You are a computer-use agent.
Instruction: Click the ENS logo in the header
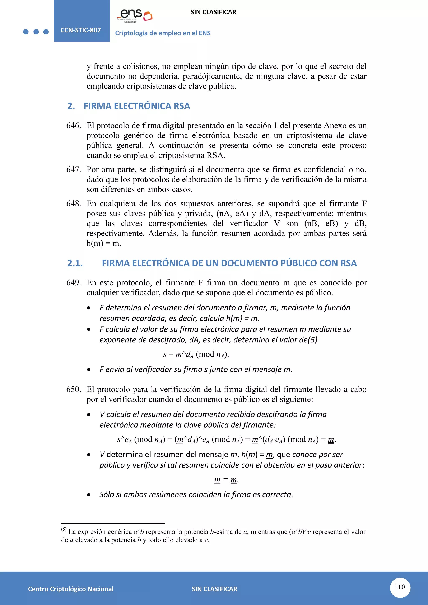(x=135, y=15)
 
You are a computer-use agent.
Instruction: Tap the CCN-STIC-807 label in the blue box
(x=81, y=30)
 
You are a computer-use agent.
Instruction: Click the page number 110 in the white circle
(x=400, y=587)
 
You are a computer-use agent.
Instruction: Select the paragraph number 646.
(x=74, y=125)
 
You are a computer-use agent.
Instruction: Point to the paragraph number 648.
(x=74, y=203)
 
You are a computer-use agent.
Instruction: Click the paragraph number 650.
(x=74, y=389)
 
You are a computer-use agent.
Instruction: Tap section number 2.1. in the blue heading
(x=75, y=263)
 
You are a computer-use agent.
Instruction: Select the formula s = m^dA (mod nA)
(x=196, y=354)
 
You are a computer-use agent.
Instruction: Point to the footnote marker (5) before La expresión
(x=64, y=529)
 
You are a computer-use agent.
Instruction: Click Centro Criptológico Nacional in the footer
(x=71, y=589)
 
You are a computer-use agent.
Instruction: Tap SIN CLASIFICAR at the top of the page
(x=213, y=12)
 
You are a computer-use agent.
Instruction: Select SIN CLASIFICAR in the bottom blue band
(x=214, y=589)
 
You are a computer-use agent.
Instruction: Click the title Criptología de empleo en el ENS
(x=163, y=33)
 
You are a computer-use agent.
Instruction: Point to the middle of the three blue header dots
(x=36, y=32)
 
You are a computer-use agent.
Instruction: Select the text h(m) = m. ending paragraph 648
(x=104, y=243)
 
